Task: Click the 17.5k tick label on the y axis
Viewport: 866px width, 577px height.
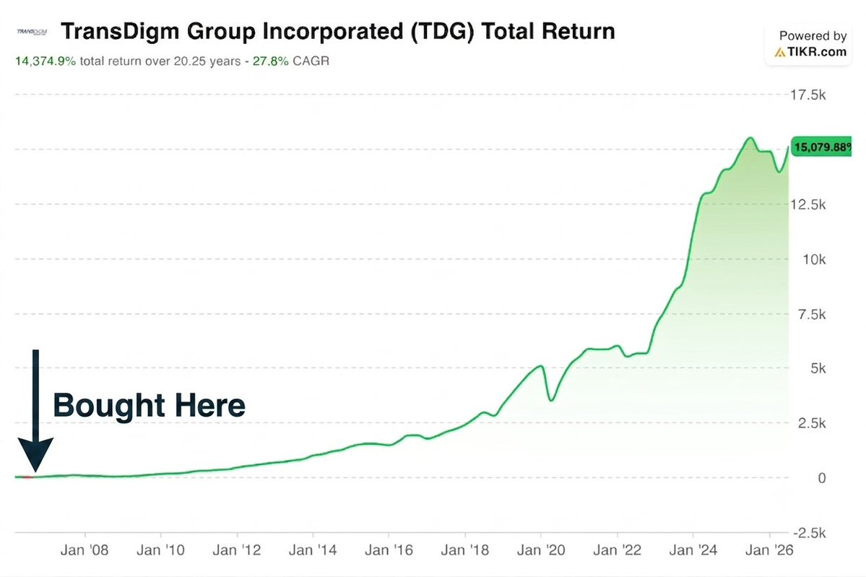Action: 807,95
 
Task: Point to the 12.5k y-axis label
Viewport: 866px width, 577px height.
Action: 807,205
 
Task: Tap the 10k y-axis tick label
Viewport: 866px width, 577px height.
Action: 814,259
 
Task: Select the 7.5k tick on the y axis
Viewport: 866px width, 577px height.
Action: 812,314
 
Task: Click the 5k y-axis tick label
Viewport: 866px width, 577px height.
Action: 818,368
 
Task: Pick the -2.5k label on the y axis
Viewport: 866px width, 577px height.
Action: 810,534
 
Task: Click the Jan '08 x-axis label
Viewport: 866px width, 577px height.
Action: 85,550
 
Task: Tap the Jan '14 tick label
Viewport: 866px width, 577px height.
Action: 313,550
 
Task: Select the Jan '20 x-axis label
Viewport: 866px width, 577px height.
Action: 541,550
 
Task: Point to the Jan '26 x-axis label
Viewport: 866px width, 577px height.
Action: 769,550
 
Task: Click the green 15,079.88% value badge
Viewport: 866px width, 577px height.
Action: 822,147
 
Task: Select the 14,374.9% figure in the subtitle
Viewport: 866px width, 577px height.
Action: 46,61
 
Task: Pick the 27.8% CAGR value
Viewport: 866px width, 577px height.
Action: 271,61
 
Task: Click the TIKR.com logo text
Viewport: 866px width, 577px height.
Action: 811,53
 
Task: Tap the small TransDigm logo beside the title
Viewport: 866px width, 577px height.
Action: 32,32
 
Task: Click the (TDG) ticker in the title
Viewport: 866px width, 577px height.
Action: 442,32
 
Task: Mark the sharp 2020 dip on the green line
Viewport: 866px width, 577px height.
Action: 550,399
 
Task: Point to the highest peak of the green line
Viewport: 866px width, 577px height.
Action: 750,138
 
